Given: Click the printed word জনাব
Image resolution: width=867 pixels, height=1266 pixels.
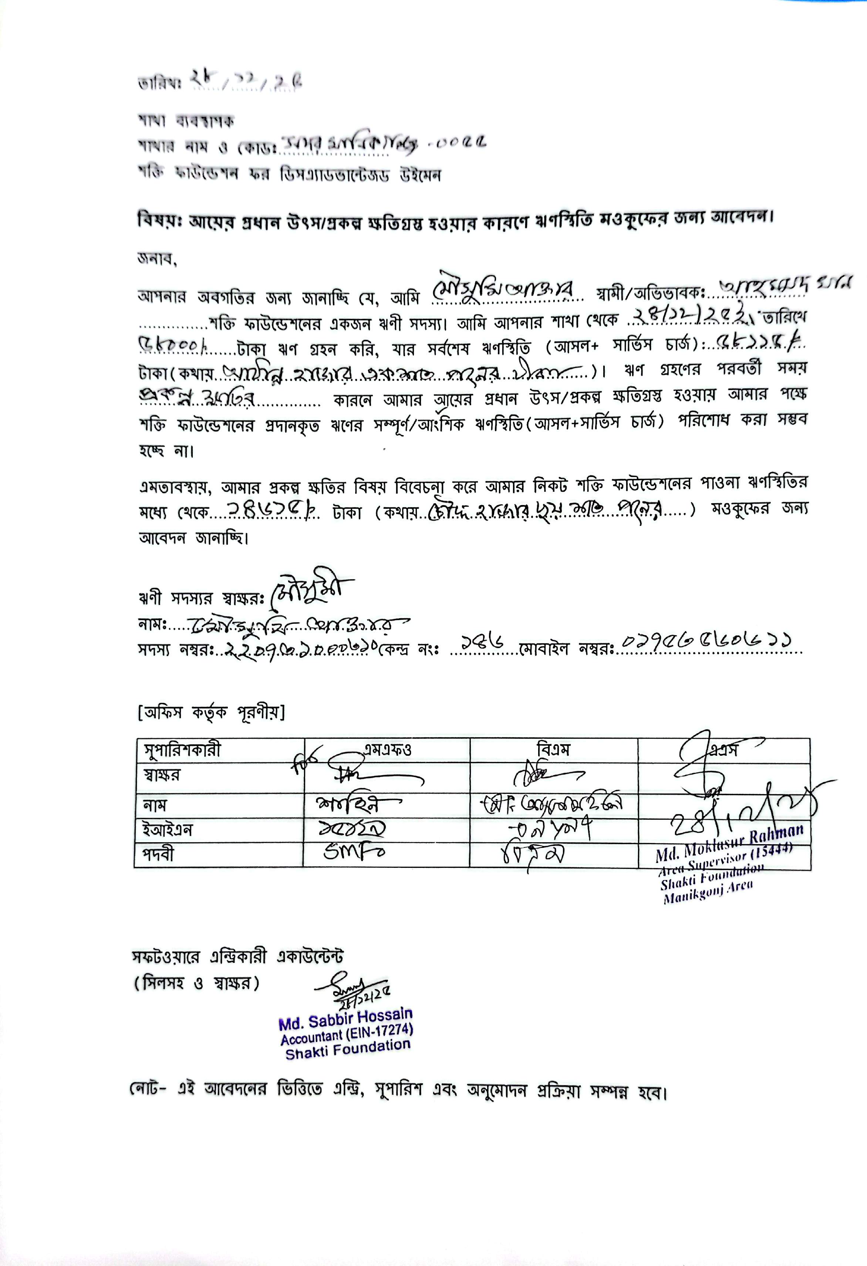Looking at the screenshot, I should [156, 259].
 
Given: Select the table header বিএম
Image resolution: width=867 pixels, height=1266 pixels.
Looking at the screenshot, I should [553, 750].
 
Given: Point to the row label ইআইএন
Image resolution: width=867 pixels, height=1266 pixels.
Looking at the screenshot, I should [168, 830].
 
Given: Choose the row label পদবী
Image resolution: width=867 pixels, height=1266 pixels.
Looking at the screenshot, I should [159, 855].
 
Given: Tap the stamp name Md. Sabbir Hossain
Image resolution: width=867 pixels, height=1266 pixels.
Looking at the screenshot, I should [345, 1019].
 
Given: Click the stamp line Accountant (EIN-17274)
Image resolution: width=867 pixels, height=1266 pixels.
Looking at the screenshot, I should [347, 1033].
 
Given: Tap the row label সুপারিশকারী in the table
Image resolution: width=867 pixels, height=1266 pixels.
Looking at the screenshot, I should [182, 751].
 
